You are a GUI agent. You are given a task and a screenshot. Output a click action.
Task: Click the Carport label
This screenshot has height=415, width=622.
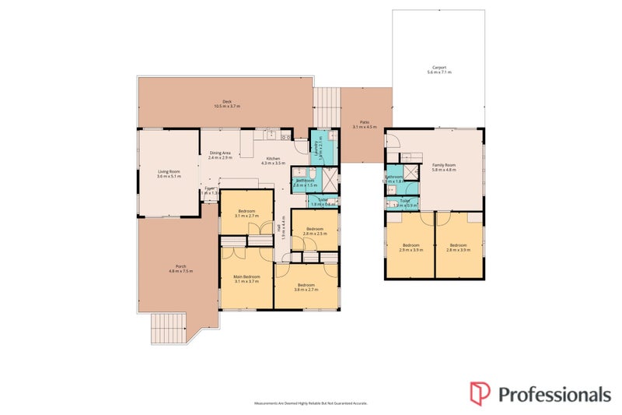[x=439, y=67]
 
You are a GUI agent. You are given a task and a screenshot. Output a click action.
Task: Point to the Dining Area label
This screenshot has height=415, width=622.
[x=220, y=153]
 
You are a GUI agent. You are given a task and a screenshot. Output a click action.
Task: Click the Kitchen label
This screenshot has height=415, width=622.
[x=272, y=157]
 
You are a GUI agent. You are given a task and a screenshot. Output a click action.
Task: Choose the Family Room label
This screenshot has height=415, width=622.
[x=444, y=165]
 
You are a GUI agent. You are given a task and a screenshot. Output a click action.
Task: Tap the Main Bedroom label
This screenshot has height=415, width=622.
[x=246, y=276]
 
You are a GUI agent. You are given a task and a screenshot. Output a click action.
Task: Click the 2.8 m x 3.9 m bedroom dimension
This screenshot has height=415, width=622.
[x=459, y=250]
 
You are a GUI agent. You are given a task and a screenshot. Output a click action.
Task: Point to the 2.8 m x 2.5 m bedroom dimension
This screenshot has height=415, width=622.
[x=314, y=234]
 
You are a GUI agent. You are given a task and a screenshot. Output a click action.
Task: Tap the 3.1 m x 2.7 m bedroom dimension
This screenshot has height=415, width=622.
[x=246, y=216]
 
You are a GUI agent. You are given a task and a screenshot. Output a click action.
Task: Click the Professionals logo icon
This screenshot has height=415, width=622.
[x=479, y=392]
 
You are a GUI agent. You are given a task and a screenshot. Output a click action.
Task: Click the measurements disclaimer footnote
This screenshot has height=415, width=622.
[x=311, y=403]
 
